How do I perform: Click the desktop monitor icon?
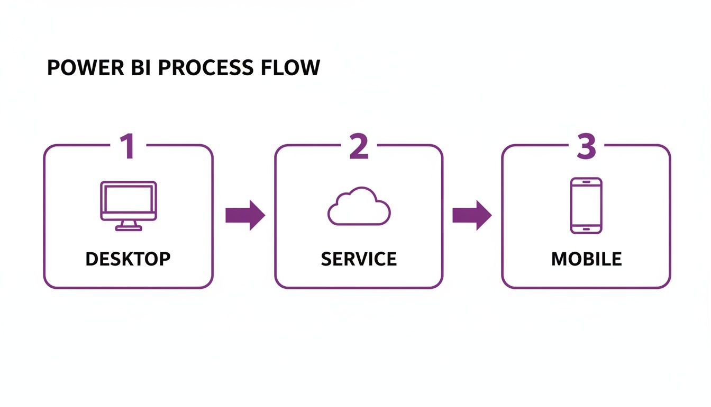128,206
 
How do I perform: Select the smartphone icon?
586,206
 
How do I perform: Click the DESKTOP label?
128,259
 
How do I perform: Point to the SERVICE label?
359,259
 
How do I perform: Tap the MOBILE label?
586,259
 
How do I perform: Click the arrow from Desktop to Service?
245,215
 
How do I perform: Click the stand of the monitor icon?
128,226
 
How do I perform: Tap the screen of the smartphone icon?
586,205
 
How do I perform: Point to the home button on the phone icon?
586,229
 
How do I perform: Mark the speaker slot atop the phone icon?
586,182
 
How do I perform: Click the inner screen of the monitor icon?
128,200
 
